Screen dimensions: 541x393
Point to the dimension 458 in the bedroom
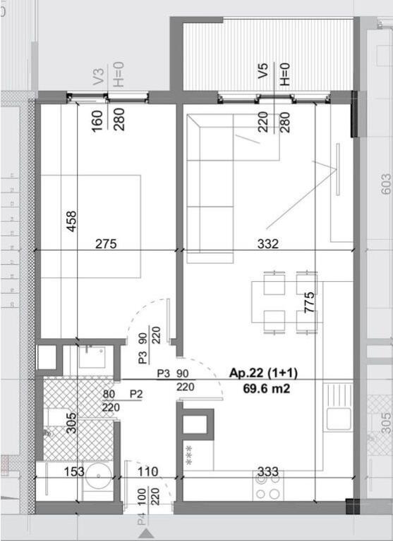[x=70, y=222]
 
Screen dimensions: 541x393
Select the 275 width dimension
[x=106, y=244]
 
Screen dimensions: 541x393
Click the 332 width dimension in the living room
[x=268, y=244]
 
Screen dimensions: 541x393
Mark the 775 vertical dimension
[x=309, y=302]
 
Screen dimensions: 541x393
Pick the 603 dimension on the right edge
[x=385, y=185]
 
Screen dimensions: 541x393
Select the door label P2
[x=136, y=394]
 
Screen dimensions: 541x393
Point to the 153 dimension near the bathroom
[x=74, y=472]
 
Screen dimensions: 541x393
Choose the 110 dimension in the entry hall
[x=149, y=472]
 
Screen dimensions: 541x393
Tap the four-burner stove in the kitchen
[x=269, y=487]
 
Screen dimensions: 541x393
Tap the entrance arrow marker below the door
[x=146, y=535]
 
